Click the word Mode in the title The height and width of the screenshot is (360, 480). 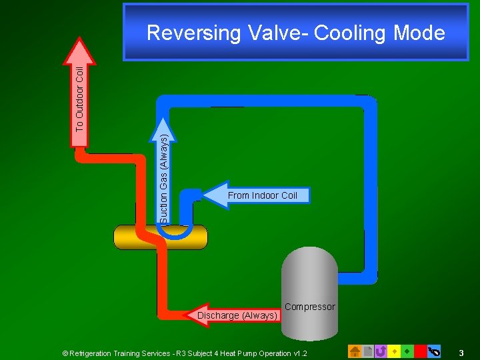pos(419,33)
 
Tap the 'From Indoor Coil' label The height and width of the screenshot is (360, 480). pos(262,195)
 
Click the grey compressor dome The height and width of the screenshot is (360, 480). pos(309,273)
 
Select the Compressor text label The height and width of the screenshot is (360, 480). pos(309,307)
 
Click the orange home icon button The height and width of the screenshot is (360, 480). pos(355,351)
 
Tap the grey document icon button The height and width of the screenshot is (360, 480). pos(368,351)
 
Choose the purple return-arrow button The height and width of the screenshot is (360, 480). pos(381,351)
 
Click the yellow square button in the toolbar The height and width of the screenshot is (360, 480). pos(394,351)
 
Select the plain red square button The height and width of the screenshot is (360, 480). pos(420,351)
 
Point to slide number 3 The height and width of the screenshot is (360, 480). pos(461,352)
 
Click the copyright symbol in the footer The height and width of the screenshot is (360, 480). pos(65,353)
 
